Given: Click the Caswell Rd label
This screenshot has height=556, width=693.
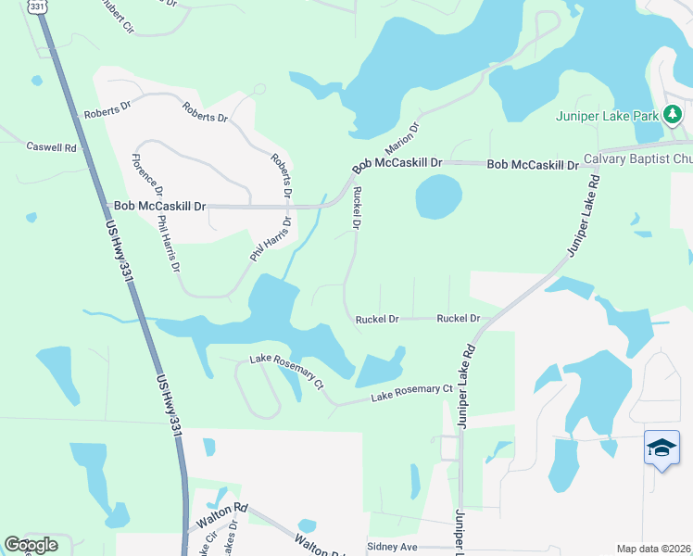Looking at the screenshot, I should pyautogui.click(x=51, y=146).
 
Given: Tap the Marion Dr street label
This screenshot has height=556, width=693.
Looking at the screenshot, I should pyautogui.click(x=403, y=140).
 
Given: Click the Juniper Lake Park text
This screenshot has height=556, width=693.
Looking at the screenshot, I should pyautogui.click(x=607, y=116).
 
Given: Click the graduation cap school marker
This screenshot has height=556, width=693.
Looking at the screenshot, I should pyautogui.click(x=661, y=449).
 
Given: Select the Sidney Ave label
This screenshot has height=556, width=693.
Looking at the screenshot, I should pyautogui.click(x=393, y=547).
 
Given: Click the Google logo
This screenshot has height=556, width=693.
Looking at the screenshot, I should pyautogui.click(x=31, y=545).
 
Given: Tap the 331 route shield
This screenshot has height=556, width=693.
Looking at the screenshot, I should pyautogui.click(x=36, y=6).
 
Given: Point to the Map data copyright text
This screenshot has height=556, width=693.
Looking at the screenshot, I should pyautogui.click(x=654, y=549).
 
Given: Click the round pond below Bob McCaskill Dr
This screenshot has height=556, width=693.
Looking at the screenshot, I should pyautogui.click(x=438, y=196).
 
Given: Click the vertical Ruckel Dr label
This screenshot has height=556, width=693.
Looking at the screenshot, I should pyautogui.click(x=356, y=208).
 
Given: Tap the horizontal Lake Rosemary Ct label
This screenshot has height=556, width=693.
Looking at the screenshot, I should pyautogui.click(x=411, y=394).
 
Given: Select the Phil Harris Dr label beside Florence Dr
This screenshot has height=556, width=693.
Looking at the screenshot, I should pyautogui.click(x=169, y=245).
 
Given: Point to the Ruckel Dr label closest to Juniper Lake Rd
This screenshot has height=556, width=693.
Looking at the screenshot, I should pyautogui.click(x=458, y=318).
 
